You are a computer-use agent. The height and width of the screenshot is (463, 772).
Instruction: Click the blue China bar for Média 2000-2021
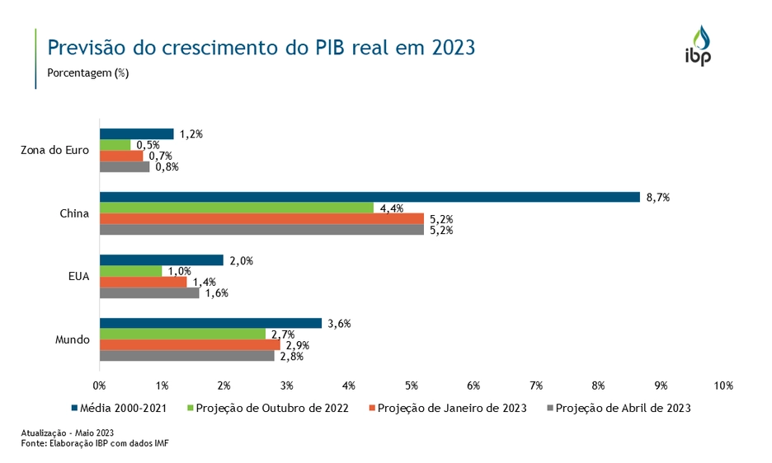(370, 197)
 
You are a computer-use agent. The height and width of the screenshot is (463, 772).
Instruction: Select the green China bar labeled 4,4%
(237, 208)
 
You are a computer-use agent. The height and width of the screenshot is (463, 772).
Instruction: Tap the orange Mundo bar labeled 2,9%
(190, 344)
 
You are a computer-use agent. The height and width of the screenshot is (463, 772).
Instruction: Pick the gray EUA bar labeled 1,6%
(149, 292)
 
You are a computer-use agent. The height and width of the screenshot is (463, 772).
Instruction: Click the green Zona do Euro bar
(115, 145)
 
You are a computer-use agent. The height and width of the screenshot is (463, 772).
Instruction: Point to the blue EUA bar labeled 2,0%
(162, 260)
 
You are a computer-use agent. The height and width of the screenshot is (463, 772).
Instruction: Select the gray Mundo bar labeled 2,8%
(187, 356)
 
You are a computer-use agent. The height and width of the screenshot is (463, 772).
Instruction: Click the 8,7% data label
(658, 197)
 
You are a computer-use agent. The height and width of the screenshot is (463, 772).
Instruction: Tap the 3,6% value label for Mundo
(340, 324)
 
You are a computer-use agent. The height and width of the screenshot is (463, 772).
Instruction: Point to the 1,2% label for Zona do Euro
(191, 133)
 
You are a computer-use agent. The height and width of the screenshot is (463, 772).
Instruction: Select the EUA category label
(79, 277)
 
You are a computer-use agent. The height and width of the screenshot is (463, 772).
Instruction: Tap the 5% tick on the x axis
(412, 386)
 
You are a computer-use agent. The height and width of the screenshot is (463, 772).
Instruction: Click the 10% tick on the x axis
(723, 386)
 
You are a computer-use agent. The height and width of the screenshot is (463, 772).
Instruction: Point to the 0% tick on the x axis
(100, 386)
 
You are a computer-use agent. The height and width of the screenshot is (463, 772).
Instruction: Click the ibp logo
(698, 47)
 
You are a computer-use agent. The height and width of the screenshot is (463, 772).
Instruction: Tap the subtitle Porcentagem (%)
(88, 72)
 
